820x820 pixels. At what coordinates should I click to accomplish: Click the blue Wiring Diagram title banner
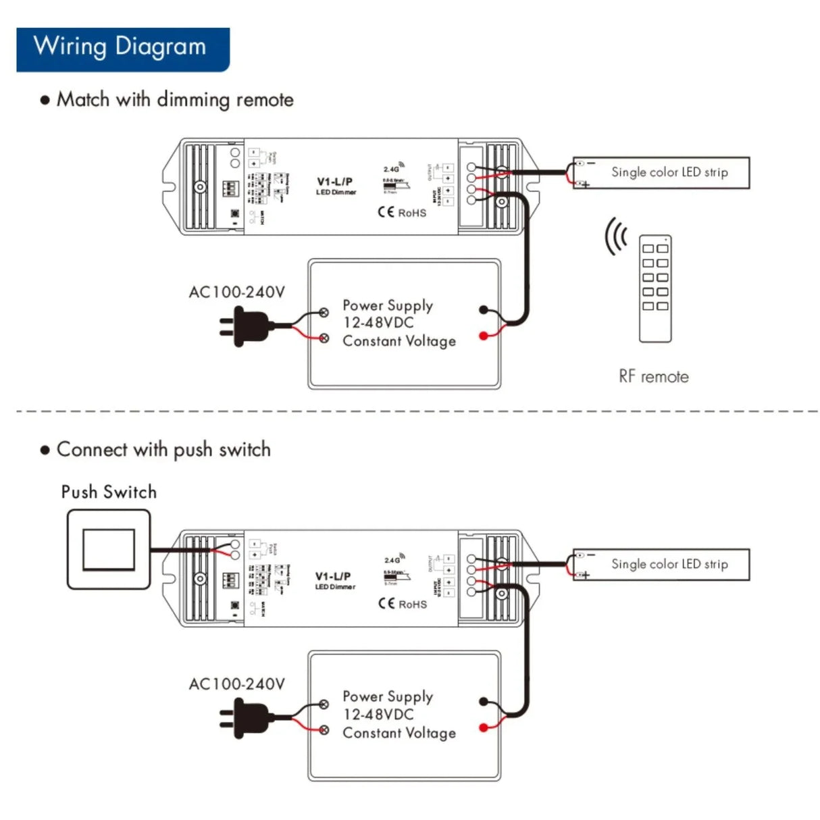point(122,49)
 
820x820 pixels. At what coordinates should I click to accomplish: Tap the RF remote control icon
point(655,288)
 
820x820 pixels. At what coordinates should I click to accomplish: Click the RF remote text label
point(653,377)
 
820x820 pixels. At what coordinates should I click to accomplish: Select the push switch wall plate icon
point(109,549)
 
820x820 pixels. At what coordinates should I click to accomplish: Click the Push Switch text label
point(109,492)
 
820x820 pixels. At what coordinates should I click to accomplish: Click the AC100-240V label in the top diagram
point(236,292)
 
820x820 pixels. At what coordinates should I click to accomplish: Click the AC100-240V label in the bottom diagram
point(236,684)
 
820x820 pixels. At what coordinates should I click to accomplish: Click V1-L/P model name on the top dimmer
point(334,182)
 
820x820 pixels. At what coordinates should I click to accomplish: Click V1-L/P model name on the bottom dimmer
point(333,576)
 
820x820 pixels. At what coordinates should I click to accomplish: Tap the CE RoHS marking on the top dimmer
point(402,213)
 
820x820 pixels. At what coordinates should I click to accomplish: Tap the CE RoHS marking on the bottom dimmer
point(402,604)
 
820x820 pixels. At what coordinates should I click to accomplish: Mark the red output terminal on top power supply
point(483,336)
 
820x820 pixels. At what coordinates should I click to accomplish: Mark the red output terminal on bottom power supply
point(483,727)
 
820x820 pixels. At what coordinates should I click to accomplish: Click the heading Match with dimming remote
point(174,100)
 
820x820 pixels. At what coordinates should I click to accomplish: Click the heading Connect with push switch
point(163,450)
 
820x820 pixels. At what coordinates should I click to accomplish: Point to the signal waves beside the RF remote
point(615,236)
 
